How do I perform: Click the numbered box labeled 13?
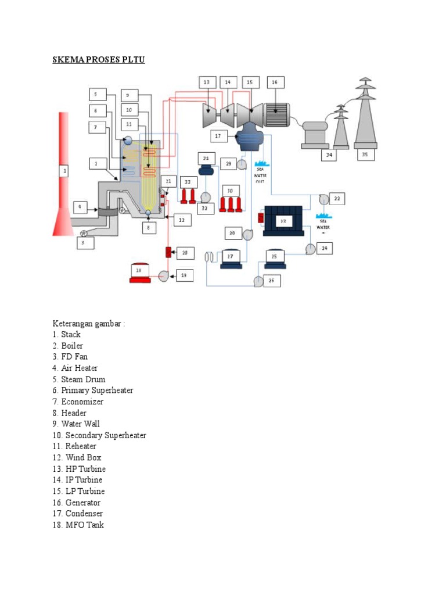pyautogui.click(x=206, y=83)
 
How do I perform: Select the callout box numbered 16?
pyautogui.click(x=275, y=83)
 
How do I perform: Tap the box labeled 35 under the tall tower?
pyautogui.click(x=365, y=155)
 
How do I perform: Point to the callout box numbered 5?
pyautogui.click(x=96, y=94)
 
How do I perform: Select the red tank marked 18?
pyautogui.click(x=139, y=274)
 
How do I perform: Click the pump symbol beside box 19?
pyautogui.click(x=164, y=276)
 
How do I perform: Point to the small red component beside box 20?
pyautogui.click(x=168, y=252)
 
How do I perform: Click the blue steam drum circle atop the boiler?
pyautogui.click(x=128, y=135)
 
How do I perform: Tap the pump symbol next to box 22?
pyautogui.click(x=323, y=199)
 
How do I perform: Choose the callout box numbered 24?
pyautogui.click(x=325, y=249)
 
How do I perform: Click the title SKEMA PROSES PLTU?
pyautogui.click(x=99, y=60)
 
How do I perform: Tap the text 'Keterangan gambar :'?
pyautogui.click(x=89, y=323)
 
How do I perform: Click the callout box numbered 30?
pyautogui.click(x=230, y=191)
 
